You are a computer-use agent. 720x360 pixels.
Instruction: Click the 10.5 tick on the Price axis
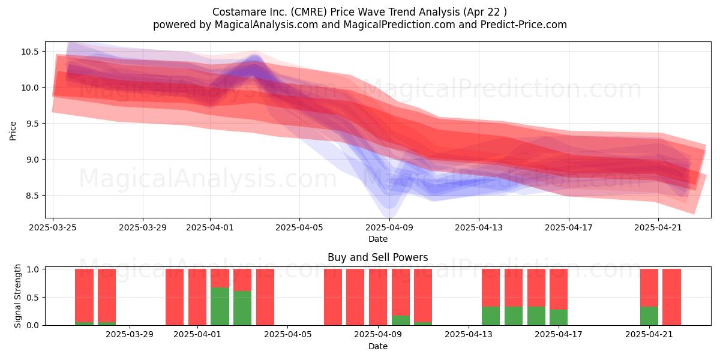(x=29, y=52)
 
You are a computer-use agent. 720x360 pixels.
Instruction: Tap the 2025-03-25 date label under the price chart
(x=53, y=227)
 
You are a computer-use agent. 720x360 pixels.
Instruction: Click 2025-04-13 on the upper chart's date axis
(x=479, y=227)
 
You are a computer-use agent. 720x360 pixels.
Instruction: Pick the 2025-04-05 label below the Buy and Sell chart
(x=287, y=335)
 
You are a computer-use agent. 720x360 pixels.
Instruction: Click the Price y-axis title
(x=13, y=131)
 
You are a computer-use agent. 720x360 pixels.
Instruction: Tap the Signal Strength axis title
(x=17, y=296)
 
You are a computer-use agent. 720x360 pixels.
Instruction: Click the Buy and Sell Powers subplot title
(x=377, y=257)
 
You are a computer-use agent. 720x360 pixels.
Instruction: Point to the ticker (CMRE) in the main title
(x=308, y=12)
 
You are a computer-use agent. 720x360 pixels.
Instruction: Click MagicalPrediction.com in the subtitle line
(x=399, y=25)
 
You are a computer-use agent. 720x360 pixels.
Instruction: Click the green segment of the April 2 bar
(x=220, y=307)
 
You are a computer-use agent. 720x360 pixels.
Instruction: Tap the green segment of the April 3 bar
(x=242, y=308)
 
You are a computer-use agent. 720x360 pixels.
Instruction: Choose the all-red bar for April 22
(x=671, y=297)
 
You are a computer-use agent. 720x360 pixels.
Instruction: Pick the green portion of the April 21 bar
(x=649, y=316)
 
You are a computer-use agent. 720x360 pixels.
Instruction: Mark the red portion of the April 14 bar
(x=491, y=287)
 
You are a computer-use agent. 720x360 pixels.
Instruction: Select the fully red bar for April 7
(x=332, y=297)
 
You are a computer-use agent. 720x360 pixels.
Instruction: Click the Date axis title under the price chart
(x=377, y=239)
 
